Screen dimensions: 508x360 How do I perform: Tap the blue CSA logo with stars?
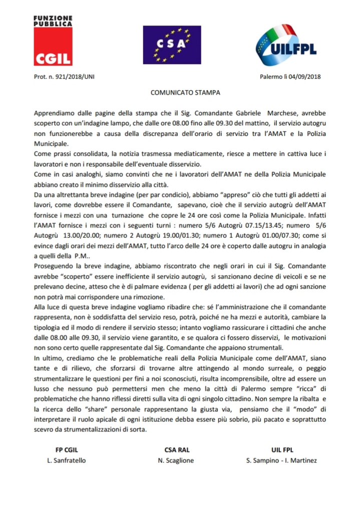tap(172, 45)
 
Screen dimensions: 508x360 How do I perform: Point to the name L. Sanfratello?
tap(63, 460)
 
